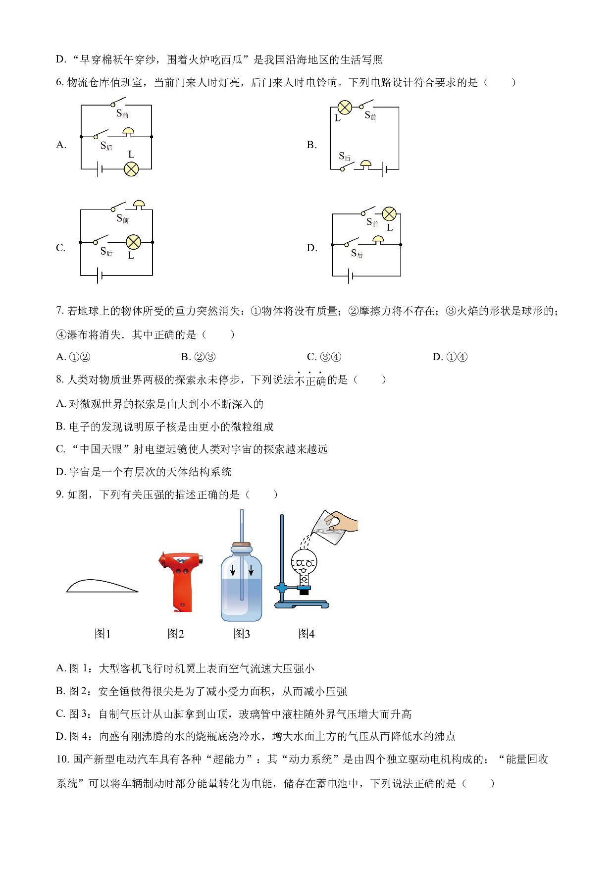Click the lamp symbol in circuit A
pyautogui.click(x=131, y=169)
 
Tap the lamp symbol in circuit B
pyautogui.click(x=345, y=108)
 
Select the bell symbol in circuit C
pyautogui.click(x=139, y=205)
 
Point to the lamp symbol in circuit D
pyautogui.click(x=390, y=214)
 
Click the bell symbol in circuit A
pyautogui.click(x=129, y=132)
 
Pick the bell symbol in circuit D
pyautogui.click(x=378, y=240)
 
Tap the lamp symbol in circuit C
pyautogui.click(x=133, y=242)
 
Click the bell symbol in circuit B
pyautogui.click(x=366, y=164)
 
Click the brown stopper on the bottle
pyautogui.click(x=242, y=544)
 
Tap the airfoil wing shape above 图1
pyautogui.click(x=102, y=586)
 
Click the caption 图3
pyautogui.click(x=242, y=634)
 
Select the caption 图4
pyautogui.click(x=306, y=634)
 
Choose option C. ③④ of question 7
pyautogui.click(x=324, y=357)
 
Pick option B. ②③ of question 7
pyautogui.click(x=198, y=357)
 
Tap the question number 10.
pyautogui.click(x=62, y=760)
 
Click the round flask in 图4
pyautogui.click(x=304, y=563)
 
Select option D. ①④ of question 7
pyautogui.click(x=450, y=357)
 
